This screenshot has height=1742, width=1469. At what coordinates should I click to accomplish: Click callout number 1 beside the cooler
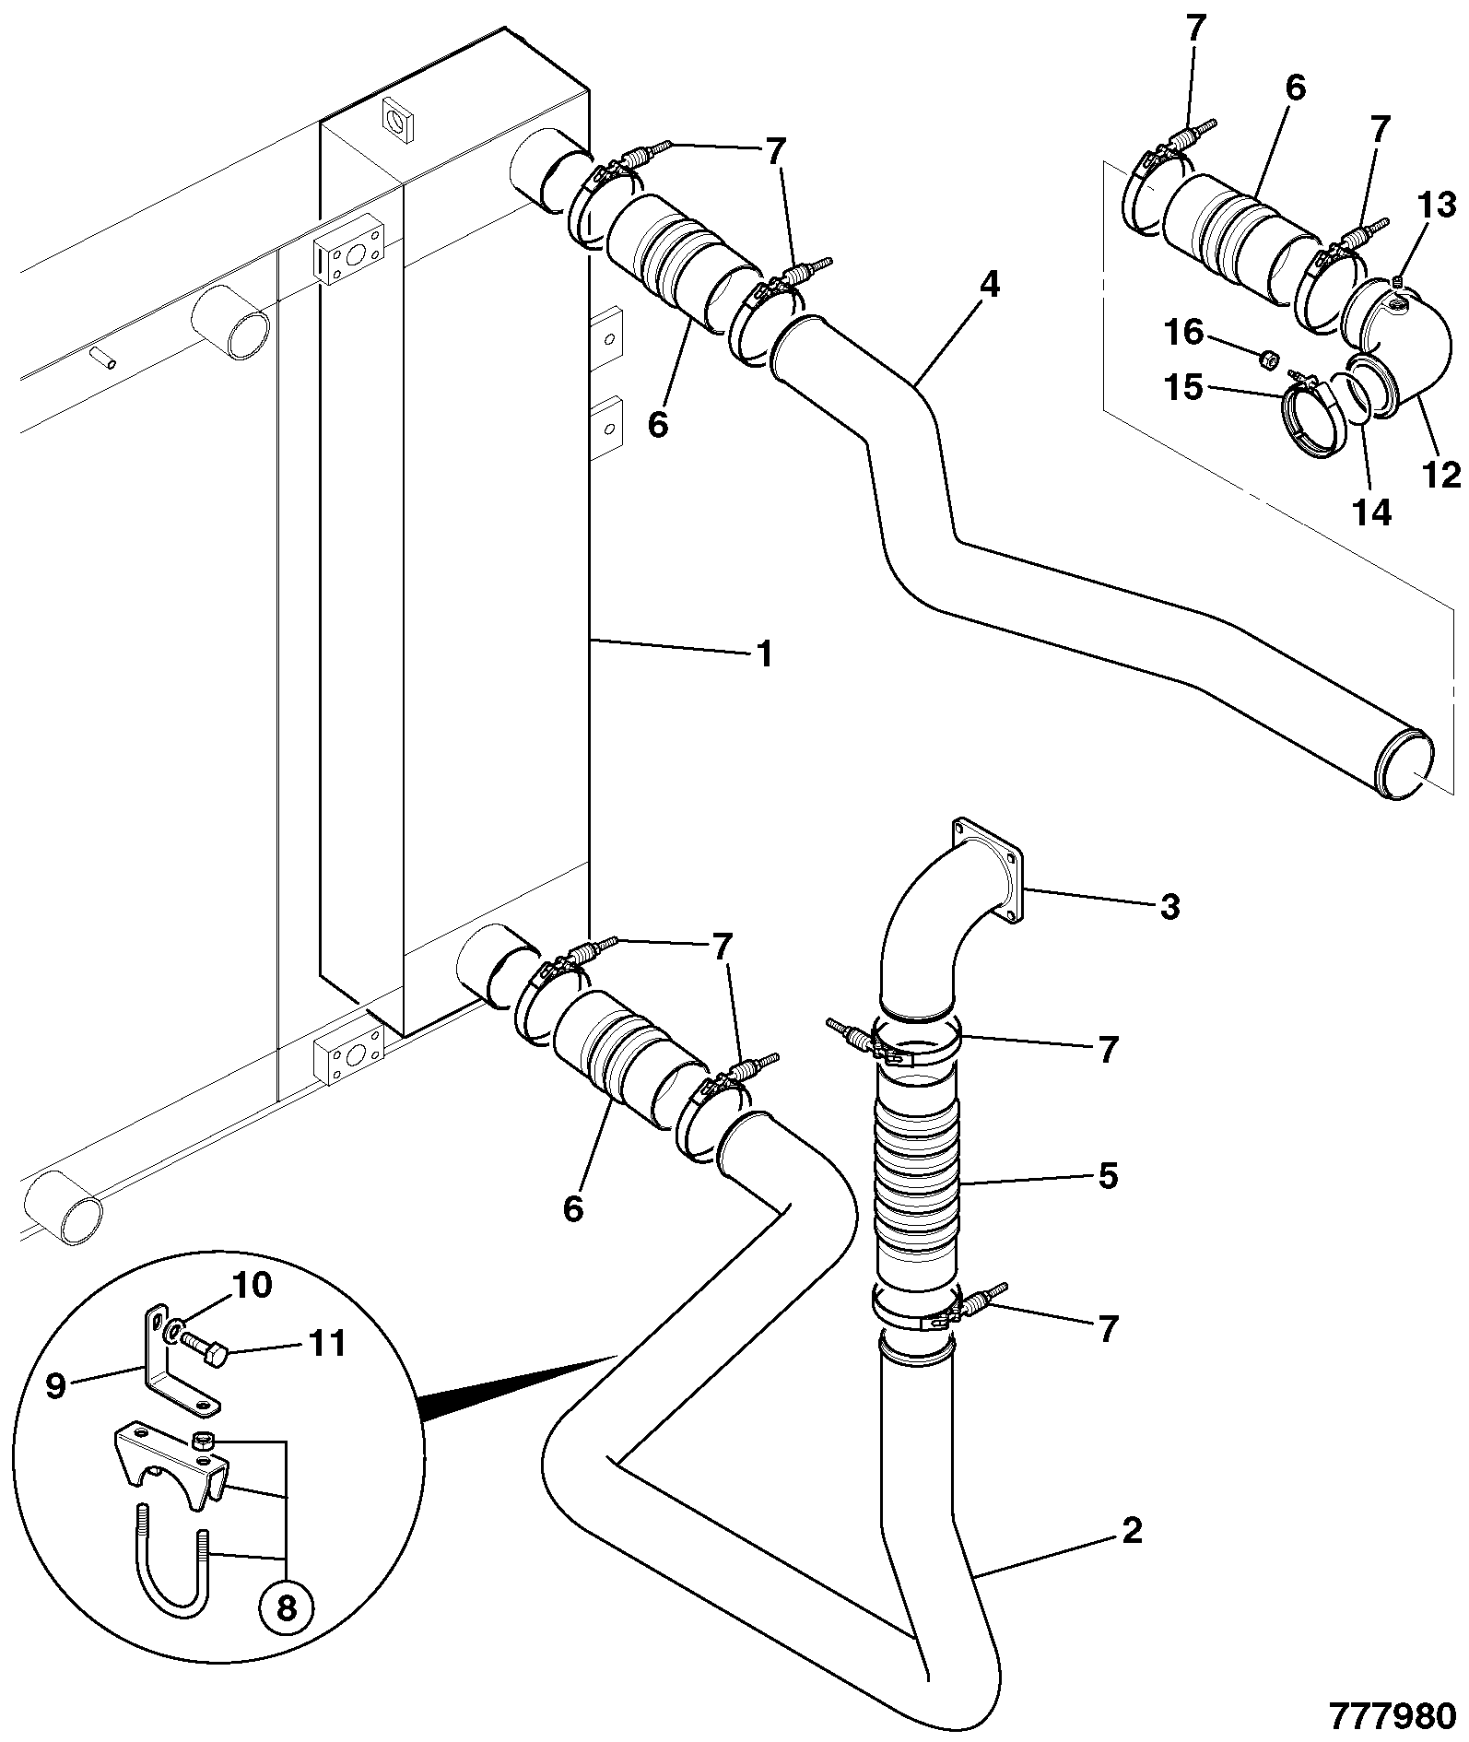pos(764,653)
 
